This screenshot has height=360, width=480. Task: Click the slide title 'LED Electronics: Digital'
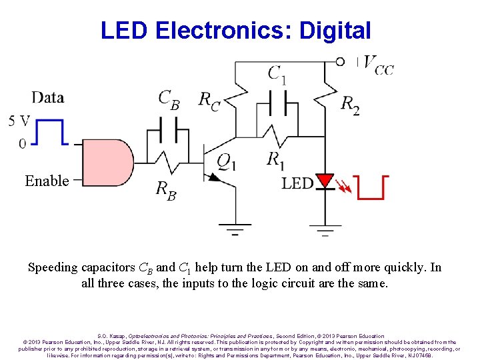point(235,30)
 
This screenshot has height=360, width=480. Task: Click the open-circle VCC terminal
point(340,62)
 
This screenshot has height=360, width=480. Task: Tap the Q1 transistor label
point(226,162)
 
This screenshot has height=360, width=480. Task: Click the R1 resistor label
point(275,159)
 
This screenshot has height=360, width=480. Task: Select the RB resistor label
point(166,190)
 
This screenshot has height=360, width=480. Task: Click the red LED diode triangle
point(325,181)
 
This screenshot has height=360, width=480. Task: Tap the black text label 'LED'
point(297,183)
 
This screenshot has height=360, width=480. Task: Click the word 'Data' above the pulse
point(47,98)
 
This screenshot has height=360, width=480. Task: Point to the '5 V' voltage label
point(19,121)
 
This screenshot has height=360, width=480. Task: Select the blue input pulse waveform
point(51,131)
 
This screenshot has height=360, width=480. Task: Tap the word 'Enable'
point(47,181)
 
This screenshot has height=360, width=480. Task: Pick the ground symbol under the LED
point(325,233)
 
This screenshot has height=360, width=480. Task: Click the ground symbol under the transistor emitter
point(235,233)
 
